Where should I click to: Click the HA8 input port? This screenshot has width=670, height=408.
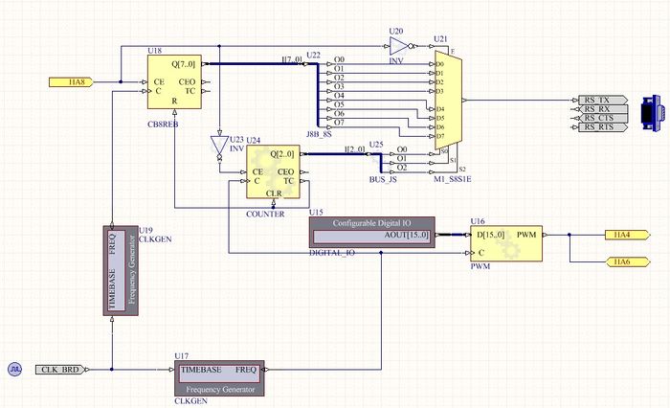tap(67, 82)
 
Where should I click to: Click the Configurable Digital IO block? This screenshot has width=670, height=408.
tap(372, 232)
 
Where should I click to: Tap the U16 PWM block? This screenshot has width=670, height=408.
tap(505, 242)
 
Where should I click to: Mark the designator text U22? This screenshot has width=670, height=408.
tap(313, 55)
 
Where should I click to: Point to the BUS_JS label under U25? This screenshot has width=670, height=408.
tap(383, 179)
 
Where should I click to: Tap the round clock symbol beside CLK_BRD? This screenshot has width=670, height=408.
tap(15, 369)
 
